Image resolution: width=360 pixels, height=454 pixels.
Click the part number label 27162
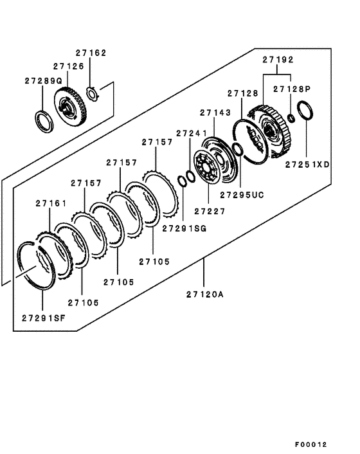pyautogui.click(x=91, y=54)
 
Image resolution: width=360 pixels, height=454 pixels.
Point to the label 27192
pyautogui.click(x=278, y=60)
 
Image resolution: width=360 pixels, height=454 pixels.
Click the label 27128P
pyautogui.click(x=292, y=89)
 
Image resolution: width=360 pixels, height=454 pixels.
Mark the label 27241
pyautogui.click(x=191, y=133)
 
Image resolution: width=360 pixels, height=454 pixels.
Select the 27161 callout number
pyautogui.click(x=51, y=203)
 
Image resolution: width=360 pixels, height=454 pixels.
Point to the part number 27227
pyautogui.click(x=210, y=211)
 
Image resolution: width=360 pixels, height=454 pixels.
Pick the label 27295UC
pyautogui.click(x=242, y=194)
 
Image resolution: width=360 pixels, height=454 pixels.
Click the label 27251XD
pyautogui.click(x=307, y=165)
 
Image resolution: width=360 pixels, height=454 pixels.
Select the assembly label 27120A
pyautogui.click(x=205, y=294)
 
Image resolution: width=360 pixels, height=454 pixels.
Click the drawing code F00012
pyautogui.click(x=311, y=444)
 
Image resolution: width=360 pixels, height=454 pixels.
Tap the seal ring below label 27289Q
pyautogui.click(x=44, y=120)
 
